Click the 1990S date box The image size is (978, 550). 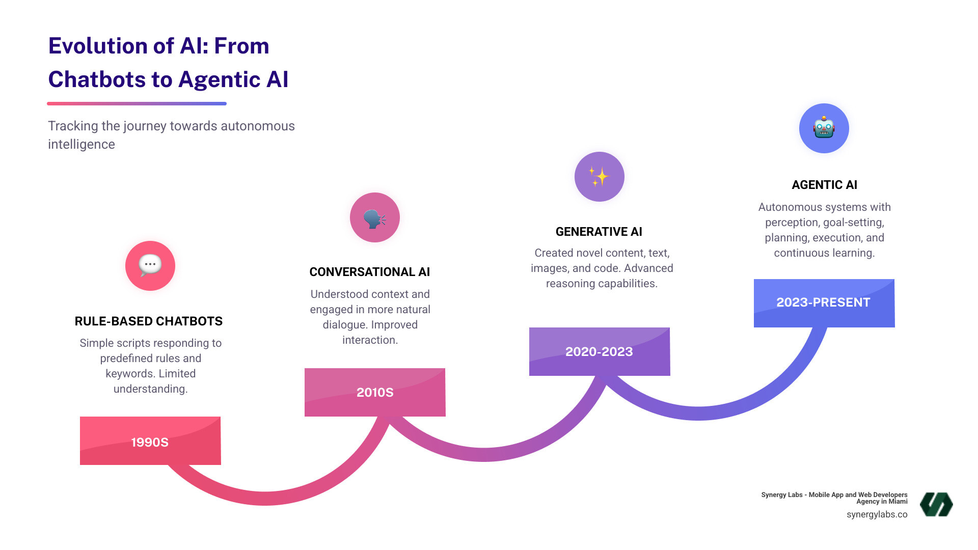pyautogui.click(x=150, y=441)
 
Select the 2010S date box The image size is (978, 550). pyautogui.click(x=375, y=392)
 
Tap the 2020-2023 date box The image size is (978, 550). pyautogui.click(x=599, y=351)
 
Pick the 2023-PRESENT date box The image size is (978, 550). pyautogui.click(x=824, y=302)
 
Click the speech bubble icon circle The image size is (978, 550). pyautogui.click(x=150, y=266)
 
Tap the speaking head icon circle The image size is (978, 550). pyautogui.click(x=375, y=217)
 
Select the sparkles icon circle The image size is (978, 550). pyautogui.click(x=599, y=177)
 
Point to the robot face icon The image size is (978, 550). pyautogui.click(x=824, y=128)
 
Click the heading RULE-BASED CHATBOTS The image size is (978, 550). pyautogui.click(x=149, y=321)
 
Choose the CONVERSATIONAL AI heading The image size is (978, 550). pyautogui.click(x=370, y=272)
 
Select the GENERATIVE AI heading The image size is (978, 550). pyautogui.click(x=599, y=232)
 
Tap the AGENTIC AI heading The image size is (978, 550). pyautogui.click(x=824, y=185)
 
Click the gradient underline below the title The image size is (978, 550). pyautogui.click(x=137, y=103)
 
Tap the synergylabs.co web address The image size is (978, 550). pyautogui.click(x=877, y=514)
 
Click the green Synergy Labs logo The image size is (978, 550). pyautogui.click(x=936, y=504)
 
